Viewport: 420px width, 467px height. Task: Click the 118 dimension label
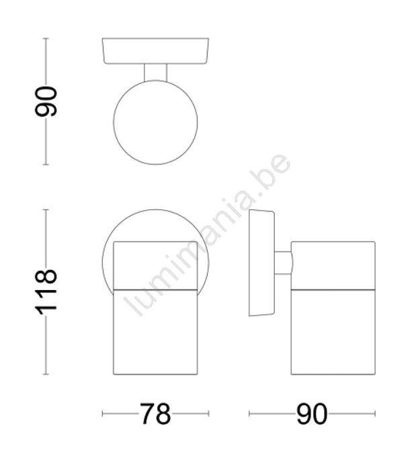pyautogui.click(x=46, y=292)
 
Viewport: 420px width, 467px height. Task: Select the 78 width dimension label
pyautogui.click(x=155, y=414)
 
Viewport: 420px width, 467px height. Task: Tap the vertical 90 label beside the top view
pyautogui.click(x=46, y=101)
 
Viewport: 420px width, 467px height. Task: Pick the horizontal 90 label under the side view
pyautogui.click(x=312, y=414)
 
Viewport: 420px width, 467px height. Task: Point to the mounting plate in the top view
pyautogui.click(x=155, y=51)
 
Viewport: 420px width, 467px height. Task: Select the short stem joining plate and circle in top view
pyautogui.click(x=155, y=73)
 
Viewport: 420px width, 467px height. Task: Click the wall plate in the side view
pyautogui.click(x=262, y=262)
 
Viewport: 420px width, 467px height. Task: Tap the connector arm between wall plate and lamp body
pyautogui.click(x=284, y=262)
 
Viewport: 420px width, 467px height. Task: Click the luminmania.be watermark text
pyautogui.click(x=207, y=235)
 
